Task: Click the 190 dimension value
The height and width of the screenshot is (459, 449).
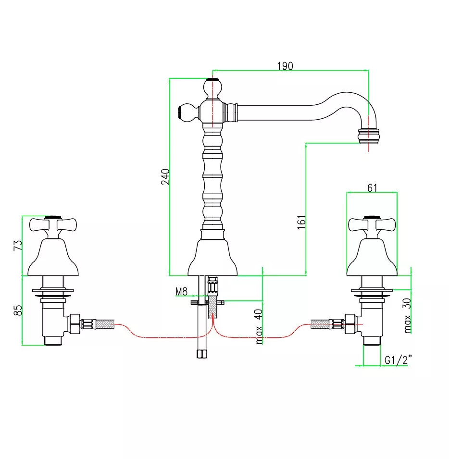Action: coord(285,66)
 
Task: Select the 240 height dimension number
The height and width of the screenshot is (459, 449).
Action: coord(165,176)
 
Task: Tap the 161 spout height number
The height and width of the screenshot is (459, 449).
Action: coord(301,222)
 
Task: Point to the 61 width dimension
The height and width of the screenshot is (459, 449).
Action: coord(372,187)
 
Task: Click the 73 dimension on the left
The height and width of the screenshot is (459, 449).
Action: coord(18,245)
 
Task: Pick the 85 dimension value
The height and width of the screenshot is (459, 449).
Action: coord(18,310)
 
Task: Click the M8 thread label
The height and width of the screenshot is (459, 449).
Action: coord(181,292)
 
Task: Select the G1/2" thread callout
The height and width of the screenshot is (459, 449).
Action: coord(398,360)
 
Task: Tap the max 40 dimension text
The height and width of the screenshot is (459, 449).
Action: coord(259,326)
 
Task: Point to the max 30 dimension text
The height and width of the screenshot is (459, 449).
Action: coord(407,316)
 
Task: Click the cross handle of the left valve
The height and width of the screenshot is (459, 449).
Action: coord(53,226)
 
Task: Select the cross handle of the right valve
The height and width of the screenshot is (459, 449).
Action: coord(372,226)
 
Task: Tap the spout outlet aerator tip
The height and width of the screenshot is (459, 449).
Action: coord(369,136)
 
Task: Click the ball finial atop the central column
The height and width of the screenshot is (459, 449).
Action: coord(213,89)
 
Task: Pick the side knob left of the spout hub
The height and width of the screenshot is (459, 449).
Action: coord(188,112)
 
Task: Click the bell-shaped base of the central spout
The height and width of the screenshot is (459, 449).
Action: coord(212,257)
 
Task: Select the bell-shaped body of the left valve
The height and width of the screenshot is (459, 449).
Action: coord(53,257)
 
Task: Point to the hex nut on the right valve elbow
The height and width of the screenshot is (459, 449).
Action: coord(350,324)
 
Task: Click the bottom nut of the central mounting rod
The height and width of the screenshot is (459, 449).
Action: coord(202,354)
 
